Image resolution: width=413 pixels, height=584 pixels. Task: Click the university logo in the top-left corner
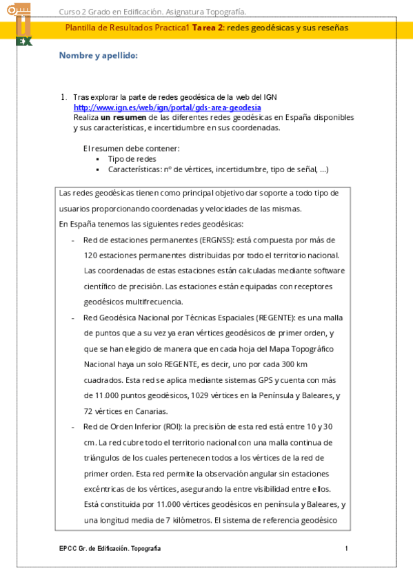(24, 24)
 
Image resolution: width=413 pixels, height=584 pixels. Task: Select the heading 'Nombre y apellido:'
(99, 55)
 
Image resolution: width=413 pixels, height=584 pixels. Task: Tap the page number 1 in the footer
(347, 547)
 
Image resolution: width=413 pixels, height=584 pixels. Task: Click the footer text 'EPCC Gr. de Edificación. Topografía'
(110, 547)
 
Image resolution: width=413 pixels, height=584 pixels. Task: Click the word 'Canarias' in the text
(150, 411)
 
